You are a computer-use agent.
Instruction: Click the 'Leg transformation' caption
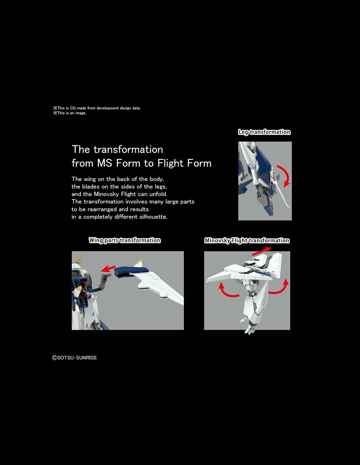(264, 132)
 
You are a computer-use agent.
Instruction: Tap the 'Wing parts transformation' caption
(125, 240)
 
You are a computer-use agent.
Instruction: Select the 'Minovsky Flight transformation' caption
(247, 241)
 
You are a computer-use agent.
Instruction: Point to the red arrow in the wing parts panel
(108, 268)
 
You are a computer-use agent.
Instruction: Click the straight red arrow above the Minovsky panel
(261, 251)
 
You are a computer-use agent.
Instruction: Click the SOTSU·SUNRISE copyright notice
(74, 357)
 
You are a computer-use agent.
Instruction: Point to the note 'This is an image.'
(70, 113)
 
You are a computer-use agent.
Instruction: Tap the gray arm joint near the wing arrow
(105, 280)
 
